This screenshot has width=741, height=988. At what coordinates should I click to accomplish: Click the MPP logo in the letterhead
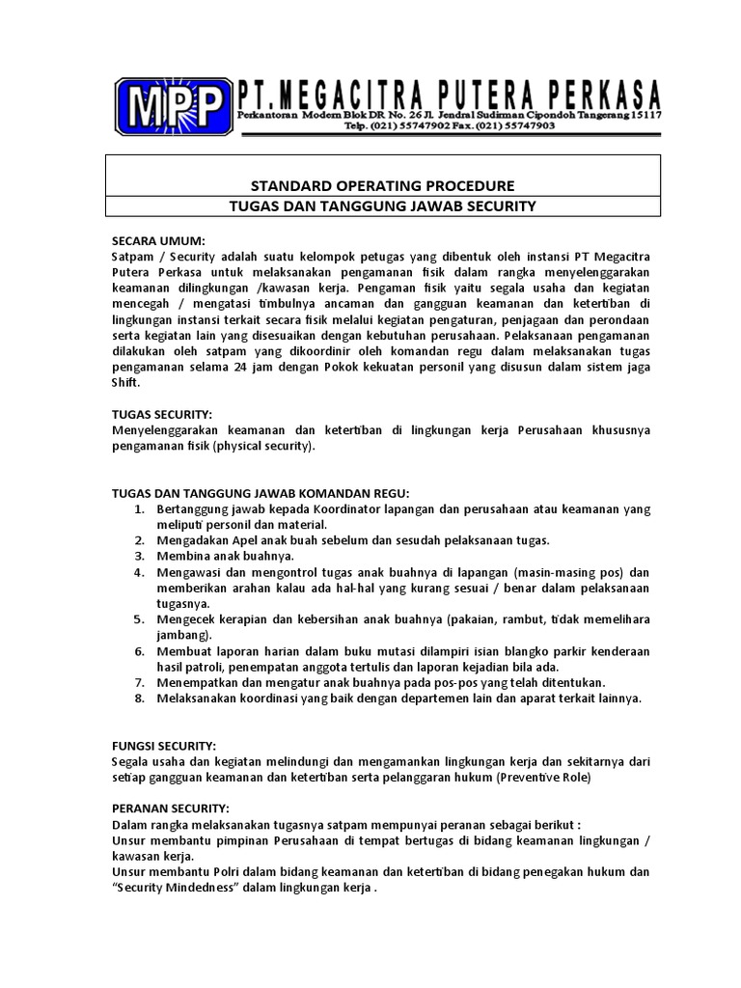pos(173,105)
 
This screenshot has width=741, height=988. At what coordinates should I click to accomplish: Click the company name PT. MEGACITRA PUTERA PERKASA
pos(450,94)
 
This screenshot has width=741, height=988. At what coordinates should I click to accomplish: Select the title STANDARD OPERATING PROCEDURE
pos(382,185)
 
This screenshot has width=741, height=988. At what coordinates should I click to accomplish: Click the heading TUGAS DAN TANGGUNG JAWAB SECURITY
pos(382,206)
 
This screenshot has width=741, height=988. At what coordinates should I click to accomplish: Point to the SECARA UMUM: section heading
pos(157,240)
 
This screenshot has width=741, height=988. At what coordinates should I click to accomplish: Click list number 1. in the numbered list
pos(139,508)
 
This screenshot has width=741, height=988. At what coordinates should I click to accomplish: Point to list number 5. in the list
pos(139,619)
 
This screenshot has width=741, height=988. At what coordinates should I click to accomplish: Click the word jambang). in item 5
pos(183,636)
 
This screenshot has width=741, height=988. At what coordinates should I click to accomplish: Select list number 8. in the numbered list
pos(139,699)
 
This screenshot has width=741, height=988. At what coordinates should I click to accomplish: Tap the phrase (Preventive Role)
pos(545,777)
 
